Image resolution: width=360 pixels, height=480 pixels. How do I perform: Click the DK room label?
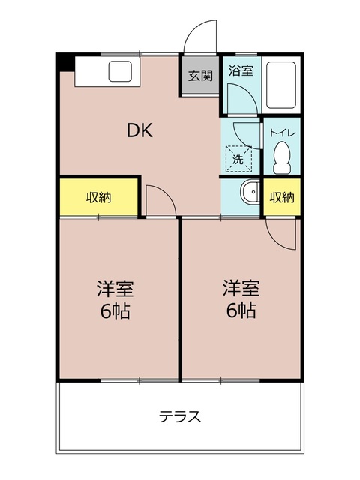pos(139,131)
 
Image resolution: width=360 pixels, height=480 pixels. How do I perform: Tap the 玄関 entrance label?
pos(199,76)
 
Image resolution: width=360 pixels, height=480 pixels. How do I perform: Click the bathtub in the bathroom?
pos(283,84)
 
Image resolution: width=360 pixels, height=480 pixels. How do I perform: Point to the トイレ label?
pos(283,133)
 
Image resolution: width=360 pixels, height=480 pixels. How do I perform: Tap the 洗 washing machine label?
pos(238,159)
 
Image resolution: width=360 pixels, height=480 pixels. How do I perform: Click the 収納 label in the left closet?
pos(98,198)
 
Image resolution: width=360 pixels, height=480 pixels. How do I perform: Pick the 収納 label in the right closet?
pos(282,198)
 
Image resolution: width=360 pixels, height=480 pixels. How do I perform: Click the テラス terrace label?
pos(180,417)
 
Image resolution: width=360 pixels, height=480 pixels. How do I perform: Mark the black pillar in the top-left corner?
pos(65,61)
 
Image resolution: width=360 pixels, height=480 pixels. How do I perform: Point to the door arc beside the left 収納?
pos(159,199)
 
